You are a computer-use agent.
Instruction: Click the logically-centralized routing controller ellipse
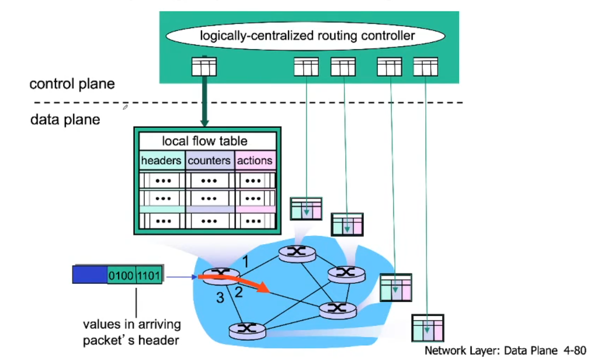point(307,36)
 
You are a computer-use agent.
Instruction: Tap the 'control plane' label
point(72,84)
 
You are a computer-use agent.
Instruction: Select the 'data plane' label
point(65,119)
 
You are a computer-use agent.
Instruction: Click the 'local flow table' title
point(205,141)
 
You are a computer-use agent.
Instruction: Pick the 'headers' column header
point(161,161)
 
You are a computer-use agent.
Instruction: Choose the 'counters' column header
point(209,161)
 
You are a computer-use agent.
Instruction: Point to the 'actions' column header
point(255,161)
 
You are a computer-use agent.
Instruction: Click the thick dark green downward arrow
point(204,101)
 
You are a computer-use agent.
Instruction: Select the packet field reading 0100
point(121,275)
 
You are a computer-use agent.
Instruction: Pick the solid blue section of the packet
point(90,275)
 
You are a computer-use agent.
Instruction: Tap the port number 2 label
point(239,293)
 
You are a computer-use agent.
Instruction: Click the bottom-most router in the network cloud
point(248,330)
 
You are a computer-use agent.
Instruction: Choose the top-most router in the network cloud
point(297,252)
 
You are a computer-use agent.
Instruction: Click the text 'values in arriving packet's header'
point(132,332)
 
